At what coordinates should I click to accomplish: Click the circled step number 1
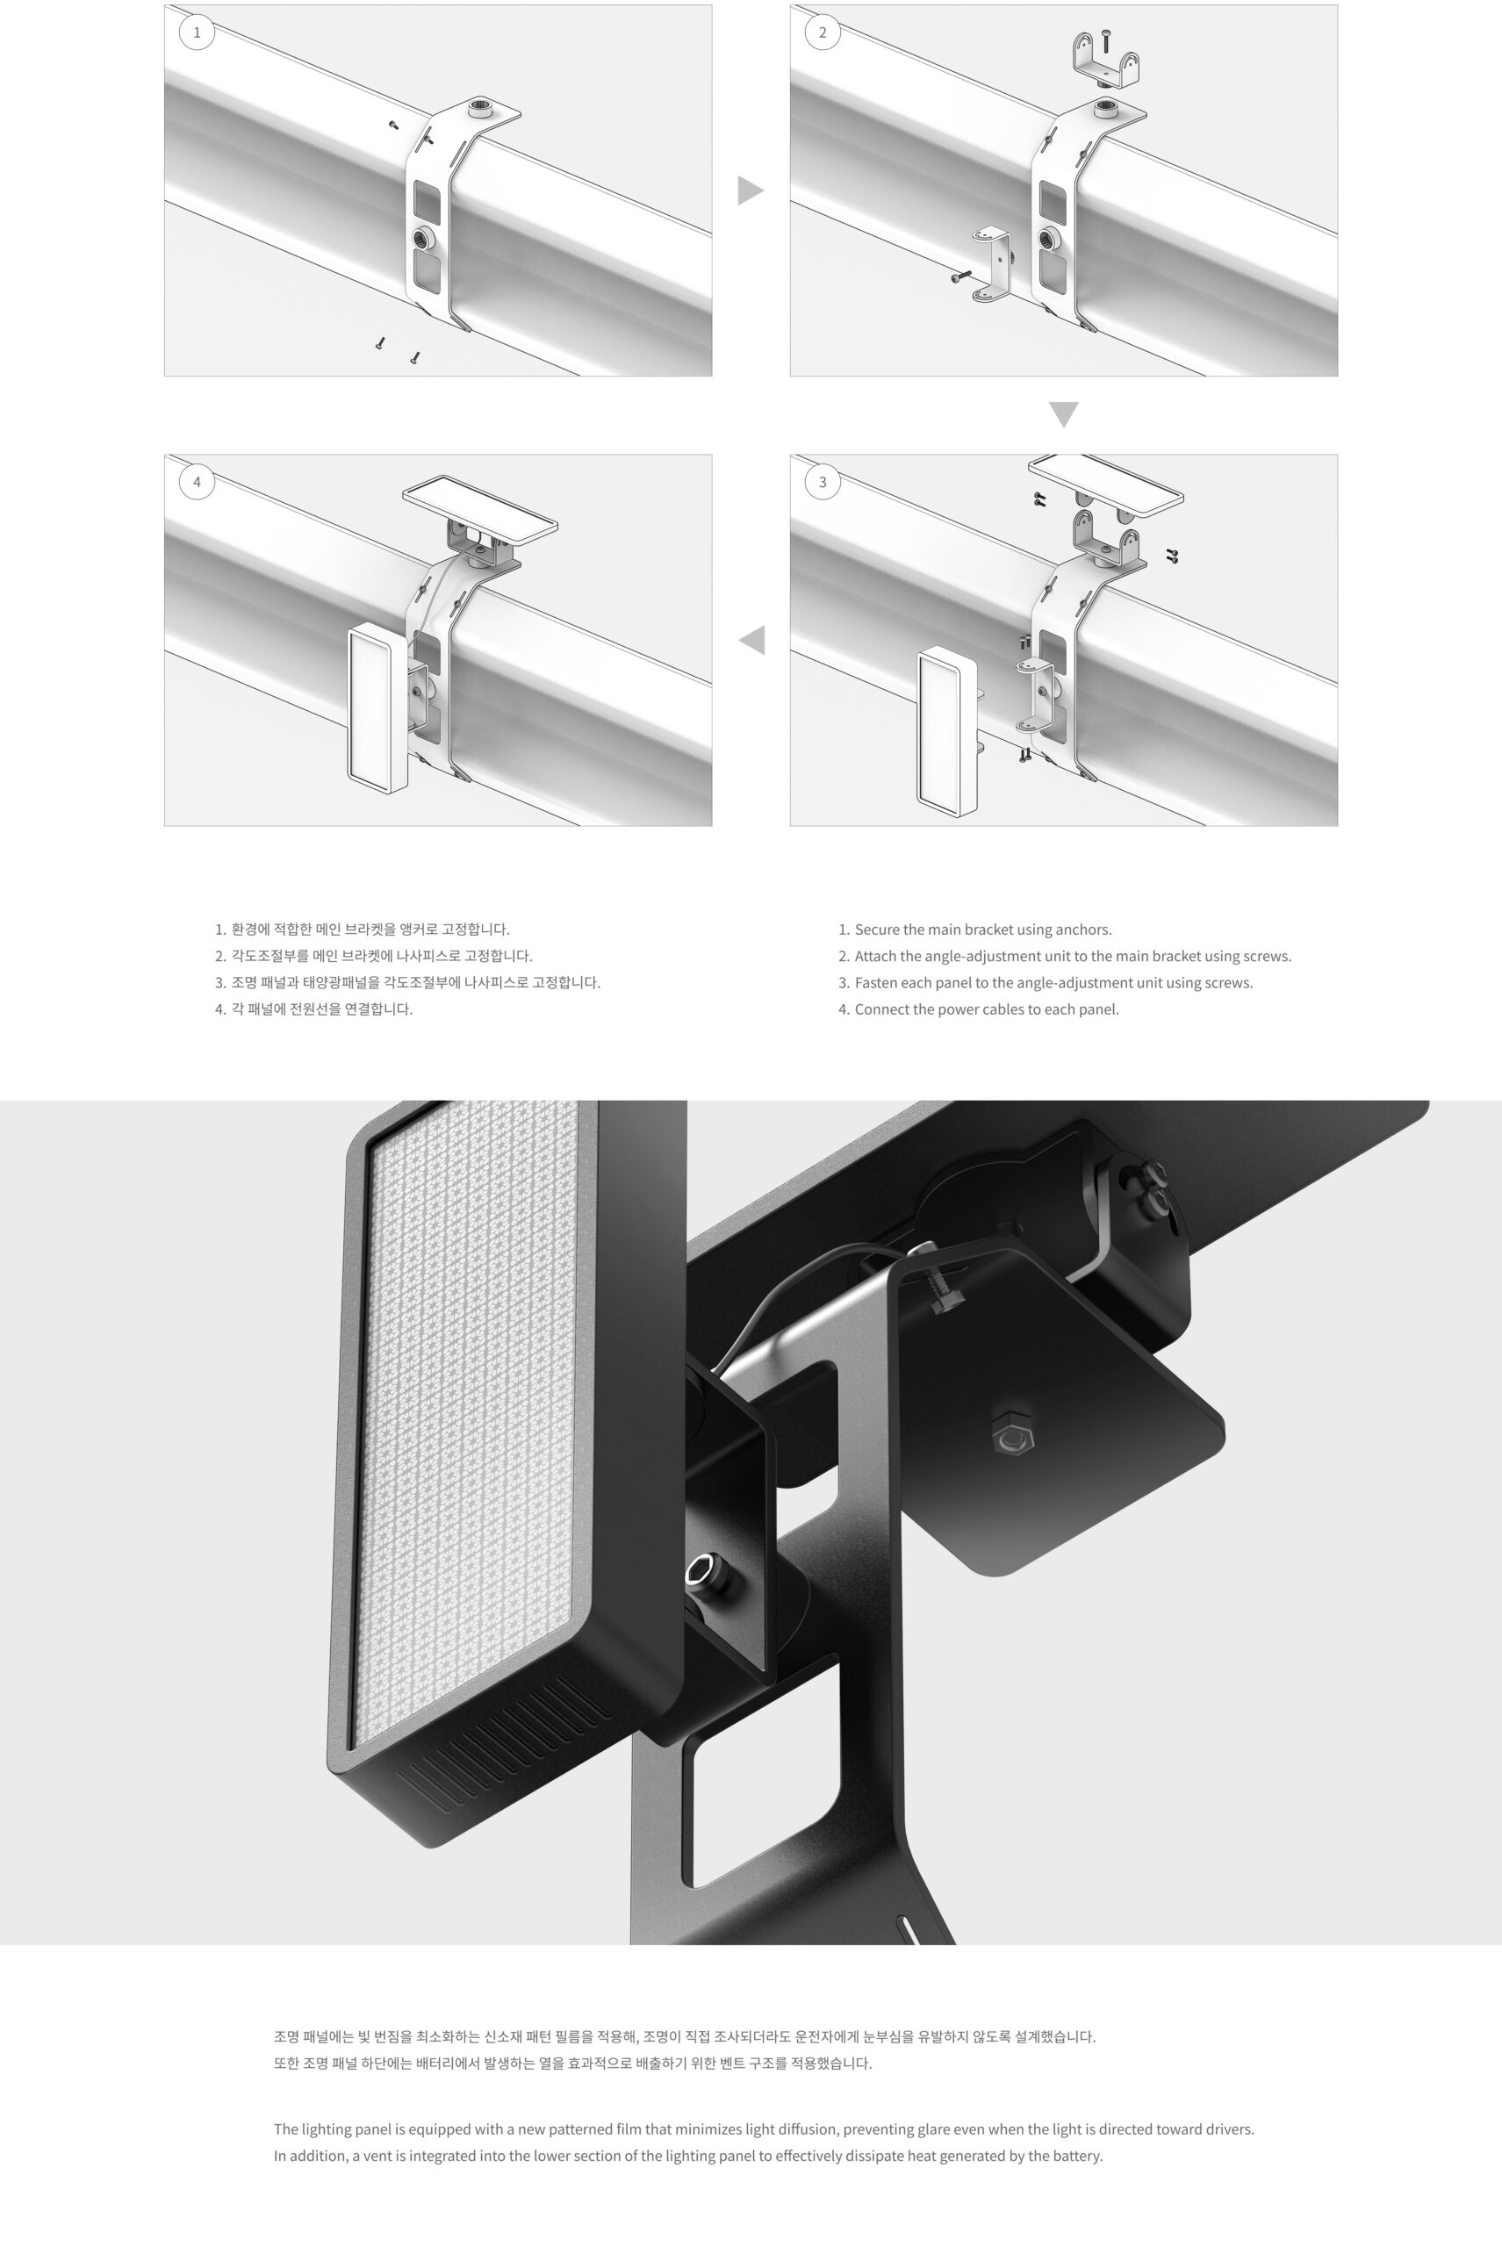click(x=198, y=32)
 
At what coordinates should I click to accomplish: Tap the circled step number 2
click(x=822, y=32)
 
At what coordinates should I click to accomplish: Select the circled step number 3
click(x=822, y=482)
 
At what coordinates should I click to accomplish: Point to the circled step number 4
click(x=198, y=482)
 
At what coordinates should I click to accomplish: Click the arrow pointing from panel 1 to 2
click(x=749, y=190)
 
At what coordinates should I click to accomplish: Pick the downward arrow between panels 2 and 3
click(x=1063, y=413)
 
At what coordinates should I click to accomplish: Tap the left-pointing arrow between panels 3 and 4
click(x=753, y=640)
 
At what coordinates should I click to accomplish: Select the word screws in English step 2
click(x=1267, y=956)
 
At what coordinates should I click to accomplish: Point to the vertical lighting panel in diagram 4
click(x=377, y=709)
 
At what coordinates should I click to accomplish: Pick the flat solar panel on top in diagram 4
click(x=480, y=506)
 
